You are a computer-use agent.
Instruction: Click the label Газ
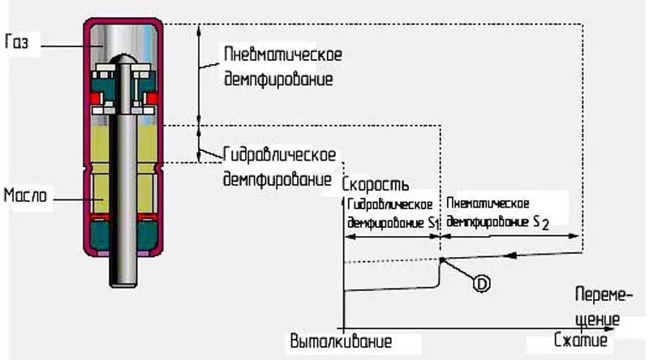[17, 43]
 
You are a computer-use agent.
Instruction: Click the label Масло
[28, 196]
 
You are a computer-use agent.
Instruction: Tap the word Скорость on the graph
[375, 184]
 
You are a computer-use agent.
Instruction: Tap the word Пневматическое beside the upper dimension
[282, 55]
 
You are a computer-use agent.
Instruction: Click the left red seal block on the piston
[97, 101]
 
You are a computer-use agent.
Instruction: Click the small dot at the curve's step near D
[441, 260]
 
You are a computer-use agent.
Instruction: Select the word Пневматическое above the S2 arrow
[488, 203]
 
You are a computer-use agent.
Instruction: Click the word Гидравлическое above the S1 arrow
[389, 204]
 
